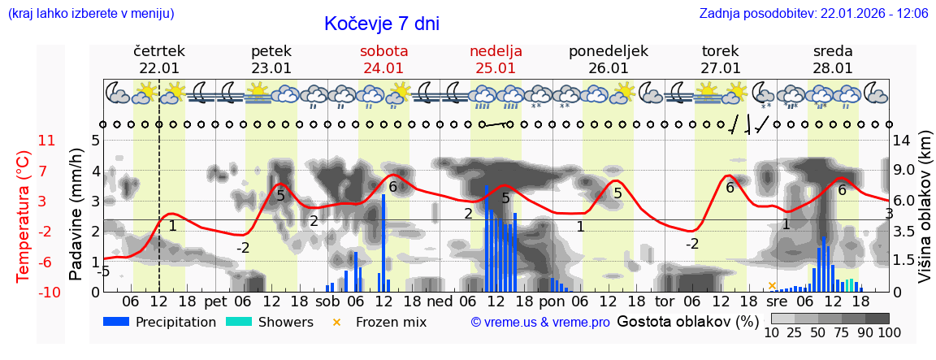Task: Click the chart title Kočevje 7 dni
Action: coord(381,24)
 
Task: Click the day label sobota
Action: coord(383,51)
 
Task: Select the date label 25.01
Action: coord(496,68)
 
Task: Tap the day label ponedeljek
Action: coord(608,51)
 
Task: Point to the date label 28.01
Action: coord(833,68)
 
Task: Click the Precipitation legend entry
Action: coord(160,322)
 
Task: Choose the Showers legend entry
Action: coord(269,322)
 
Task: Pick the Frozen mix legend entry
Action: coord(382,322)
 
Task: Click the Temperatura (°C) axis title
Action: coord(24,215)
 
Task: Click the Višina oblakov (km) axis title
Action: coord(925,215)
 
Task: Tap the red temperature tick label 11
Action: coord(47,141)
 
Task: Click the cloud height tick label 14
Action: coord(902,141)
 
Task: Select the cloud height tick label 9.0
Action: coord(905,171)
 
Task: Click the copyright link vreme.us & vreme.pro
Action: coord(540,322)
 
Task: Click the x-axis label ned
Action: coord(440,301)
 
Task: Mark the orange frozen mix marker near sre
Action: coord(772,285)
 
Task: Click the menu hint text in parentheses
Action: coord(90,14)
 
